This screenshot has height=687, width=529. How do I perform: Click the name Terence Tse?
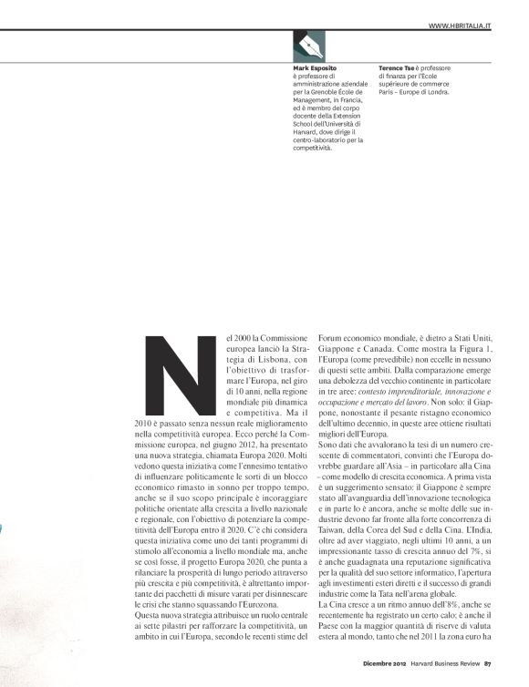coord(401,68)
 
